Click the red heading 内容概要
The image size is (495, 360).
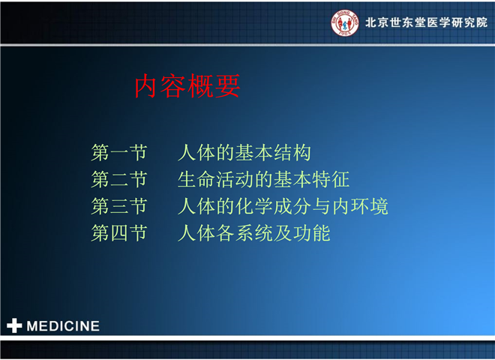tap(187, 86)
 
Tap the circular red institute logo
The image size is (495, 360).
tap(345, 22)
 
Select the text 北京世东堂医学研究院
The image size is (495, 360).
tap(426, 22)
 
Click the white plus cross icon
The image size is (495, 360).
tap(14, 325)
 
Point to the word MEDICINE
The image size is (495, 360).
tap(63, 326)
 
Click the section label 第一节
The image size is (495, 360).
tap(119, 152)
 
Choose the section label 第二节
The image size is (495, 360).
tap(119, 179)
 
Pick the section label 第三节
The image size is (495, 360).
tap(119, 206)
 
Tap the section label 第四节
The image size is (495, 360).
tap(119, 233)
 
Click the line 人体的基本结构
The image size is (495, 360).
tap(244, 152)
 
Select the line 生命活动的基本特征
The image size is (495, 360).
tap(263, 179)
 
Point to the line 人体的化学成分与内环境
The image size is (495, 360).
tap(283, 206)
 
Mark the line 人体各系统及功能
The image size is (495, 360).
tap(254, 233)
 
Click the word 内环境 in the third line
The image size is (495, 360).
tap(360, 206)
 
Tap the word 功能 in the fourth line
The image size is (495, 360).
tap(312, 233)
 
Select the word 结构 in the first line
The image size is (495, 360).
tap(292, 152)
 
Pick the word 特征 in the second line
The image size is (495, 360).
tap(331, 179)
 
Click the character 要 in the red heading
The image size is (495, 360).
tap(227, 86)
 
